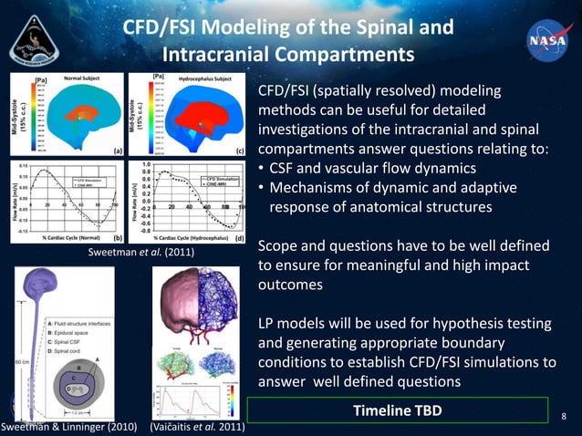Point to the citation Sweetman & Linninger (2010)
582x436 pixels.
click(x=67, y=426)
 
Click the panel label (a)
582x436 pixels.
click(x=118, y=150)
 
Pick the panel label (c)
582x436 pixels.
click(x=240, y=150)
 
